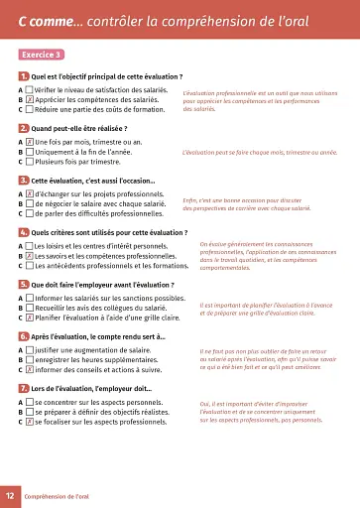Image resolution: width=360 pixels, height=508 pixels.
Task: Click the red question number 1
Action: point(23,76)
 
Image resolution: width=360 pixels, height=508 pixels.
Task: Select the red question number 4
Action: point(23,232)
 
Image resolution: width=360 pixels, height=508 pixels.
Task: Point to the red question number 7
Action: point(23,388)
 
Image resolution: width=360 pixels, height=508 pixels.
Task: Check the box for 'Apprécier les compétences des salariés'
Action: point(30,100)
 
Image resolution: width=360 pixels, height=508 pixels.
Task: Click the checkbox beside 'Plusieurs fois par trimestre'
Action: point(30,162)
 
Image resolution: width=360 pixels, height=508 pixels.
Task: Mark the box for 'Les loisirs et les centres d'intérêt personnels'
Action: point(30,245)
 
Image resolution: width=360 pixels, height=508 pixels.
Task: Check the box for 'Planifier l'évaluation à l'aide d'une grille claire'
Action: point(30,317)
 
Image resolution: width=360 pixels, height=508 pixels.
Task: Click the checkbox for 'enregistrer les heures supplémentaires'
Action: point(30,360)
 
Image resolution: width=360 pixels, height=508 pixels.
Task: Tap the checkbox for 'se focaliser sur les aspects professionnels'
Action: point(30,422)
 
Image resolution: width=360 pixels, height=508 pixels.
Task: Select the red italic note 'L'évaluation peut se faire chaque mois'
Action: point(260,154)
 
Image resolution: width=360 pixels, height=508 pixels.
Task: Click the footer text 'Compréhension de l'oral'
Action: point(58,495)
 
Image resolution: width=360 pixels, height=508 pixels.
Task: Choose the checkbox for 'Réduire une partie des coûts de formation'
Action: point(30,110)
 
